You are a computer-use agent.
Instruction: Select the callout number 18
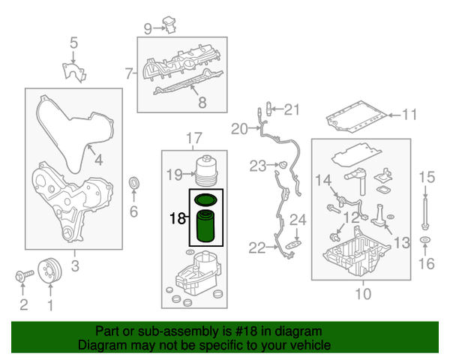178,218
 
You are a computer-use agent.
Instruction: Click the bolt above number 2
22,276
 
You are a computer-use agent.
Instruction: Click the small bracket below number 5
73,72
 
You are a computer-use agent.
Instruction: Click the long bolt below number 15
426,211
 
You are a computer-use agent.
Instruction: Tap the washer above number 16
426,241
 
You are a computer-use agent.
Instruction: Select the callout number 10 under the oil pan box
362,294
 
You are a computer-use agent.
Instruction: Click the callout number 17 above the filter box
193,138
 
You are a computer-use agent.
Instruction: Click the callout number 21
291,110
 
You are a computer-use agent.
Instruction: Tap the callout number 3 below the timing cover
74,265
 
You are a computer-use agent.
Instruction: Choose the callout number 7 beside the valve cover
128,73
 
